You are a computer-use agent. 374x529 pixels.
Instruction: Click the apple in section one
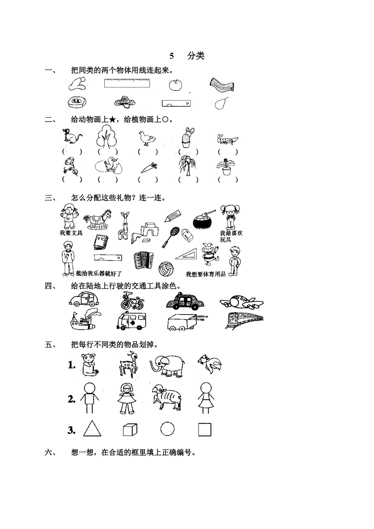175,84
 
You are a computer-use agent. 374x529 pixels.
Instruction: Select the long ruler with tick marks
127,83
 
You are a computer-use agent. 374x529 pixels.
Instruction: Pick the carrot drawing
149,168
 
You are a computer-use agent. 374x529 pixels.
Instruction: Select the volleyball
165,269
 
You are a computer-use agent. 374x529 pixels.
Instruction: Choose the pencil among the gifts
173,215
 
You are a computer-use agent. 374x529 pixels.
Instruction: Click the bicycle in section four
132,301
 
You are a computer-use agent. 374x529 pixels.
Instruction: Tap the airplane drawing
241,302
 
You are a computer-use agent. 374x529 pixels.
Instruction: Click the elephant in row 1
168,365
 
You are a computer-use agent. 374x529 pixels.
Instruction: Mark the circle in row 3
168,429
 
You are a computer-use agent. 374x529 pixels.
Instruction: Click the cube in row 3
130,429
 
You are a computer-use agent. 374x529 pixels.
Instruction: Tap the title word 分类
196,55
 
